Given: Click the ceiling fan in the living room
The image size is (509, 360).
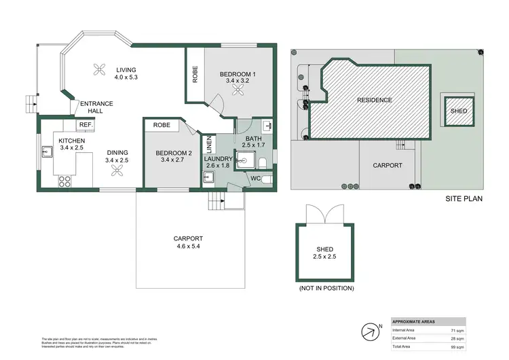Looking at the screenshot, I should tap(100, 68).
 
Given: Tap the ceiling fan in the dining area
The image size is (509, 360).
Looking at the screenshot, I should tap(117, 173).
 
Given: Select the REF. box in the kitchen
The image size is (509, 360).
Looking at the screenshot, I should tap(86, 125).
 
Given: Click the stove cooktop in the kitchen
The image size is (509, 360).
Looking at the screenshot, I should tap(66, 181).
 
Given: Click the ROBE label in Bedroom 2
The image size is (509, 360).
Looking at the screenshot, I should tap(162, 125).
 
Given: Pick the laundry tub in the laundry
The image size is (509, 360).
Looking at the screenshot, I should tap(208, 177).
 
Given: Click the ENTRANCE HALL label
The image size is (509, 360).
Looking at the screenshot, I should tap(96, 107).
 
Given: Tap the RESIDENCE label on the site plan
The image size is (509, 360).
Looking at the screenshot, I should tap(375, 100).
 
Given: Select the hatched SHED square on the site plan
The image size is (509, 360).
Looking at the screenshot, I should tap(459, 111).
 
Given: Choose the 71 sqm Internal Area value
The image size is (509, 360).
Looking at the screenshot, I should tap(457, 329).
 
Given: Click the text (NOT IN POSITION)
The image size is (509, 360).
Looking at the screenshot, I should tap(326, 288).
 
